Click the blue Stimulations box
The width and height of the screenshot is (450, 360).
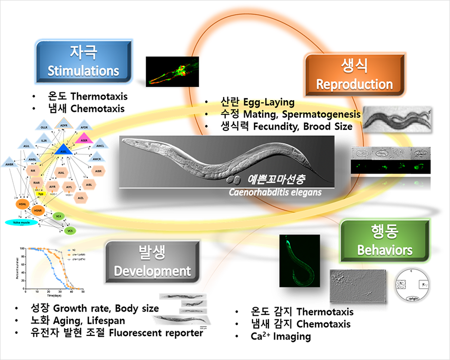click(x=83, y=62)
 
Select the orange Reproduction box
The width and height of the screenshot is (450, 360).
click(x=354, y=76)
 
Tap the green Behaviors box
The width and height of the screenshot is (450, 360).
click(x=384, y=241)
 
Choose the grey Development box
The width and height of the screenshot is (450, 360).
click(x=152, y=262)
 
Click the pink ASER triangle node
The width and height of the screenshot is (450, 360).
click(x=84, y=138)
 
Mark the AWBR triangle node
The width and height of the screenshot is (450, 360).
click(x=9, y=164)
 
